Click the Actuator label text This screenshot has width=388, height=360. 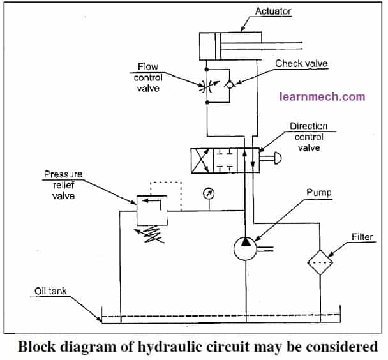(x=273, y=11)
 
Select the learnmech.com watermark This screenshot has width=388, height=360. (x=322, y=97)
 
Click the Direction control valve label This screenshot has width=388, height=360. (x=307, y=137)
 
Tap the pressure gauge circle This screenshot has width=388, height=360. (x=207, y=192)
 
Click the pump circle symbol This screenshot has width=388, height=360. (x=244, y=248)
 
